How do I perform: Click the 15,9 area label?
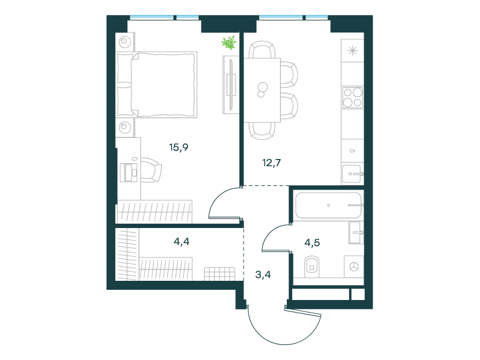(x=179, y=148)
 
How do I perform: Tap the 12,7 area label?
(x=272, y=163)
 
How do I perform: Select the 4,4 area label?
(x=182, y=242)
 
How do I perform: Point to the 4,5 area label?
(x=312, y=243)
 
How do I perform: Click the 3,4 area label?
(x=263, y=275)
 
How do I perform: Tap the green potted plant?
(x=229, y=43)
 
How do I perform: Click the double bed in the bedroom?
(x=157, y=85)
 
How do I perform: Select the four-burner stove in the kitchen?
(x=352, y=97)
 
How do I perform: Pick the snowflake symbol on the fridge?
(x=353, y=50)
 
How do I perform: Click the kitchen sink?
(x=352, y=174)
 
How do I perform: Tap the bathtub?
(x=329, y=205)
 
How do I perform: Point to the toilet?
(x=311, y=266)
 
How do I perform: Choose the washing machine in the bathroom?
(x=354, y=266)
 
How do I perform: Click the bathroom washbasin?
(x=356, y=233)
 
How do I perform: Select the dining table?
(x=262, y=90)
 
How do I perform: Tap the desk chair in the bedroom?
(x=151, y=170)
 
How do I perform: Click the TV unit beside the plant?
(x=231, y=85)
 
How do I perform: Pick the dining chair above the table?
(x=262, y=49)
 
